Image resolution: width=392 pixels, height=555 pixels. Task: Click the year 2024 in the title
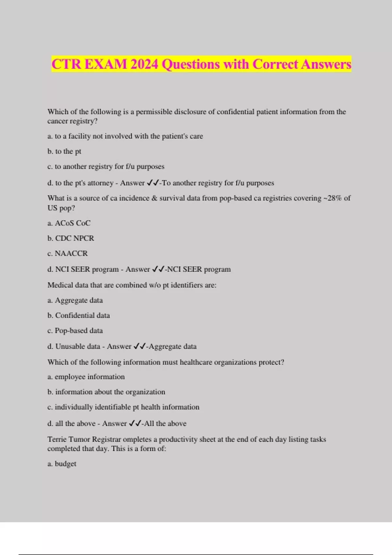coord(144,64)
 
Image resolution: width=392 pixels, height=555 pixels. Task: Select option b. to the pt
coord(64,151)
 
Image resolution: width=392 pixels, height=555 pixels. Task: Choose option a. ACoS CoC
coord(69,223)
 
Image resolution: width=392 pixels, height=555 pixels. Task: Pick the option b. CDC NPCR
coord(71,238)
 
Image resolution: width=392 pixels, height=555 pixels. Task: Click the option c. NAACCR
coord(68,254)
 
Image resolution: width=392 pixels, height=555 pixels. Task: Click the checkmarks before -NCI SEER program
coord(158,269)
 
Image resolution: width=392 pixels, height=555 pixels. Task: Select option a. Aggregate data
coord(75,300)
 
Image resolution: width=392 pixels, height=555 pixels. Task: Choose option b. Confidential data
coord(78,316)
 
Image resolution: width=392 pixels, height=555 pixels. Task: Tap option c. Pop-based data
coord(75,331)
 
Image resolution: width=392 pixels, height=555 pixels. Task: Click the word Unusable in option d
coord(69,346)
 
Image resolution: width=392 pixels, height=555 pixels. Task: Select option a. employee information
coord(86,377)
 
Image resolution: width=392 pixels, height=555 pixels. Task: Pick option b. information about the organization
coord(106,392)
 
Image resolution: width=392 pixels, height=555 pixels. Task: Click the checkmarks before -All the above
coord(135,423)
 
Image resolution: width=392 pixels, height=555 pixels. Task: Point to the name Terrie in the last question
coord(57,439)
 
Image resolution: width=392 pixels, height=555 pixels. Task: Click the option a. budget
coord(62,464)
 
